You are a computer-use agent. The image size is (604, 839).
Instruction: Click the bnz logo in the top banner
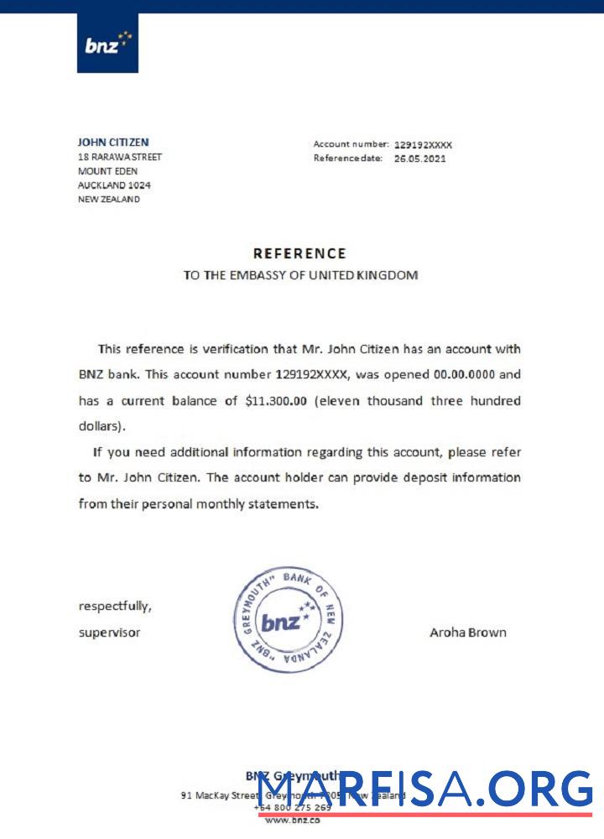pyautogui.click(x=107, y=43)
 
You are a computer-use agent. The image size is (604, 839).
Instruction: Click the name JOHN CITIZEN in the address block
pyautogui.click(x=113, y=143)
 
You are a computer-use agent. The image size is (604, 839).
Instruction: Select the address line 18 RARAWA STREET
pyautogui.click(x=120, y=157)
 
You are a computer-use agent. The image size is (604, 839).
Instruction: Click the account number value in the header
pyautogui.click(x=423, y=144)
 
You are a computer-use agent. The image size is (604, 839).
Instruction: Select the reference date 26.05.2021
pyautogui.click(x=419, y=159)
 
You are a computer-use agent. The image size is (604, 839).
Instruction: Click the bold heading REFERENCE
pyautogui.click(x=299, y=253)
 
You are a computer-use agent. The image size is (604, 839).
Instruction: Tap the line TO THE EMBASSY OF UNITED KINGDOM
pyautogui.click(x=300, y=275)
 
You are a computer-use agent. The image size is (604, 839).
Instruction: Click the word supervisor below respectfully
pyautogui.click(x=109, y=633)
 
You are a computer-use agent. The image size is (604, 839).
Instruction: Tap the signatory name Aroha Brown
pyautogui.click(x=468, y=633)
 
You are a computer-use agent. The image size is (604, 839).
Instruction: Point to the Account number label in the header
pyautogui.click(x=351, y=144)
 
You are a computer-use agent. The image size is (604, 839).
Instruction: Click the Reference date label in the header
pyautogui.click(x=348, y=159)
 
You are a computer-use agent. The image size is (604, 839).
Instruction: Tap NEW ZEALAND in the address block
pyautogui.click(x=109, y=200)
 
